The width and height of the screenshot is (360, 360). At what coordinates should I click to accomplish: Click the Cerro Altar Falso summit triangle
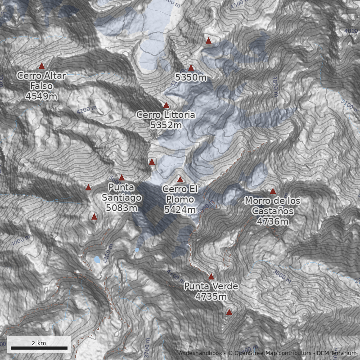[x=42, y=66]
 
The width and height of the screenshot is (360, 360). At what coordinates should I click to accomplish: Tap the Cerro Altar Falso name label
[x=41, y=81]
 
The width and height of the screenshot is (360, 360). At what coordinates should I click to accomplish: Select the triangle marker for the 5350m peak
[x=191, y=68]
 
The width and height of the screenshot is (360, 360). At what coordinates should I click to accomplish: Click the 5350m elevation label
[x=191, y=78]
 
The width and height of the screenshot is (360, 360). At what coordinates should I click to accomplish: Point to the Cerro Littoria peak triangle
[x=166, y=105]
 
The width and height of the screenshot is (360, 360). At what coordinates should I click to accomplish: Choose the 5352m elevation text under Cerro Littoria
[x=166, y=125]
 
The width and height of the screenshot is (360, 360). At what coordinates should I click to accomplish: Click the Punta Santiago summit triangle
[x=121, y=178]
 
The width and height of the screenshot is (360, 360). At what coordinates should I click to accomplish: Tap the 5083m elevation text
[x=121, y=207]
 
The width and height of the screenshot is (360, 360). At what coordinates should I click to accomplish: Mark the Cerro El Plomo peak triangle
[x=180, y=180]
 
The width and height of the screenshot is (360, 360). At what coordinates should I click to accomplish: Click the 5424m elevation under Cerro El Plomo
[x=180, y=209]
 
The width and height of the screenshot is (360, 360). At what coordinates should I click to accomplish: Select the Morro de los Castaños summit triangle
[x=273, y=191]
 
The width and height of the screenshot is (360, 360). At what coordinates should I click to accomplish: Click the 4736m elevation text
[x=273, y=221]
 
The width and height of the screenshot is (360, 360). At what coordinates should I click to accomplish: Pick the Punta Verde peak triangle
[x=211, y=277]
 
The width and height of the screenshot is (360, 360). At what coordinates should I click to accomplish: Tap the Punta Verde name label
[x=211, y=287]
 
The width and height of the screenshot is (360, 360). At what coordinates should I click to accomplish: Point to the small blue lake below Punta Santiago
[x=97, y=260]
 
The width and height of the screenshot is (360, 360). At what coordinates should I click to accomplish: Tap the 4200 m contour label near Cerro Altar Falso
[x=86, y=110]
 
